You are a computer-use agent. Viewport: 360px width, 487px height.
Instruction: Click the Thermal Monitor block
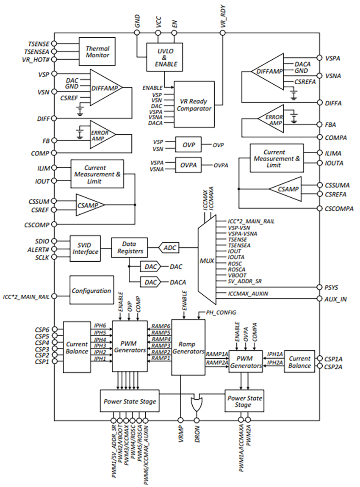click(x=97, y=52)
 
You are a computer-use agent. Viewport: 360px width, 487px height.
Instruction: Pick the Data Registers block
click(x=129, y=247)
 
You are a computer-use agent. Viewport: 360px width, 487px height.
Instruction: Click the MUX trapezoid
click(x=207, y=259)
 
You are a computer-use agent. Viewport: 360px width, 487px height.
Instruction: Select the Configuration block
click(x=91, y=291)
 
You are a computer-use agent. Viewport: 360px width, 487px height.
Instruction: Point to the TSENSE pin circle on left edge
click(x=54, y=44)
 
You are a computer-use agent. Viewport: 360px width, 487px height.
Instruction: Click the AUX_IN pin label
click(x=335, y=299)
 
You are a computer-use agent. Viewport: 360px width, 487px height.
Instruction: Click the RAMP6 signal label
click(x=161, y=326)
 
